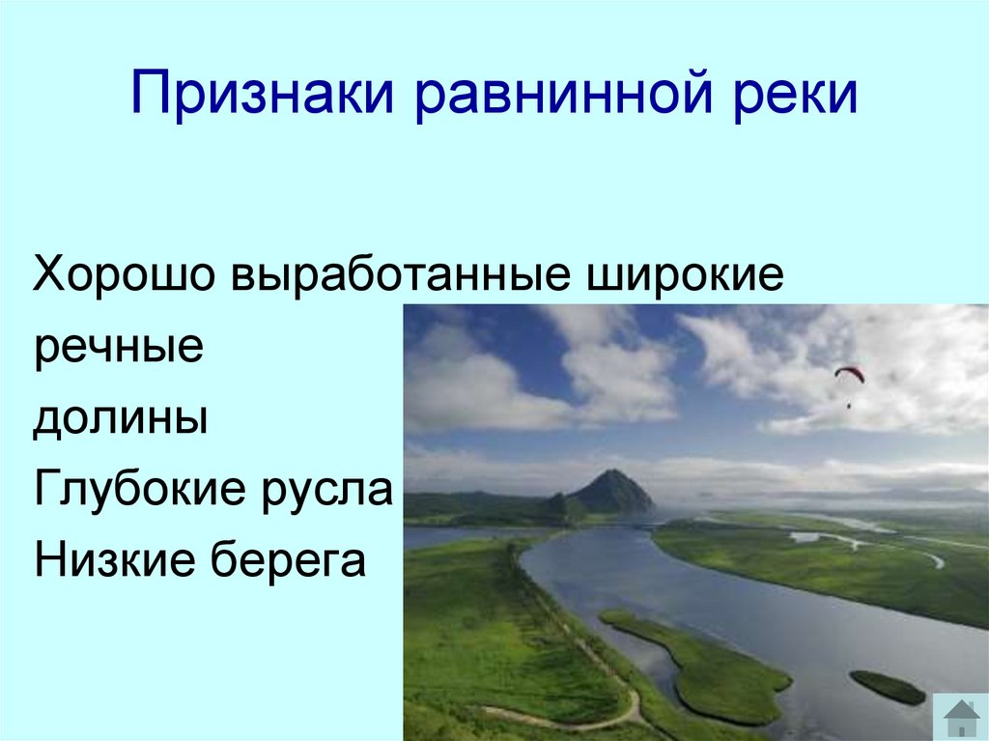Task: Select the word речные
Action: coord(118,348)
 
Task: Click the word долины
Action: coord(121,419)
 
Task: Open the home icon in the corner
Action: coord(961,717)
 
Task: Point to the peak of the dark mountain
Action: coord(609,473)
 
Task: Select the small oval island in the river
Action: coord(887,687)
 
